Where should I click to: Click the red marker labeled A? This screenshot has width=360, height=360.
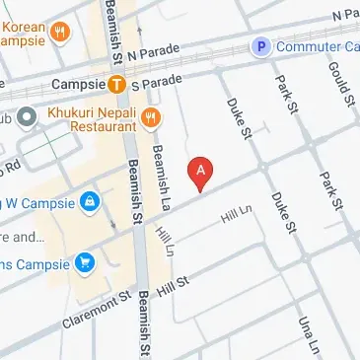202,173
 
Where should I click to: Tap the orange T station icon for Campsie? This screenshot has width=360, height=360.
116,85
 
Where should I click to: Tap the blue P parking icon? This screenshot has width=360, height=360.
261,45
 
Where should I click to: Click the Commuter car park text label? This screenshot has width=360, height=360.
316,45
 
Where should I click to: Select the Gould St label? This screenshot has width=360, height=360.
343,81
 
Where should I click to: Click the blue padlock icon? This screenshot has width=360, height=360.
91,202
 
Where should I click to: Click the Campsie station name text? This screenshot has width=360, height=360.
77,85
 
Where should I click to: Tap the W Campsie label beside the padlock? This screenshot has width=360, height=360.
39,202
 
